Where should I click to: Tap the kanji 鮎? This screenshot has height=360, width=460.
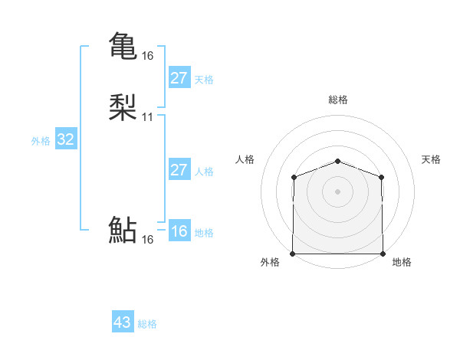[x=123, y=231]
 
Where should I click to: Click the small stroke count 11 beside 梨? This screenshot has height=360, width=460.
[x=147, y=117]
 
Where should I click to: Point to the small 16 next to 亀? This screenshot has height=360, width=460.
[x=147, y=56]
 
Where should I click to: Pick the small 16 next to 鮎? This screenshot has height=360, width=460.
[x=147, y=240]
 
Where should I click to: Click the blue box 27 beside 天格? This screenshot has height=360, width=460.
[x=179, y=78]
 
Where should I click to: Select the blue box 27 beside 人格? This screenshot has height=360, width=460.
[x=179, y=170]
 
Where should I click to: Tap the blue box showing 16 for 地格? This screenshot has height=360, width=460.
[x=179, y=231]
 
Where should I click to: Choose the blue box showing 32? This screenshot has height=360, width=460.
[x=66, y=139]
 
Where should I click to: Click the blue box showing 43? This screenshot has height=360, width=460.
[x=123, y=322]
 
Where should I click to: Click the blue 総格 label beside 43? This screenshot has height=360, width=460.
[x=147, y=324]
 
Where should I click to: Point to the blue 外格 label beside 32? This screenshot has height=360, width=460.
[x=41, y=141]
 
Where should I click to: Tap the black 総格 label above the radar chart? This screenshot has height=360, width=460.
[x=338, y=100]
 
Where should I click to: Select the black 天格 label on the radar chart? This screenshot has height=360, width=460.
[x=431, y=159]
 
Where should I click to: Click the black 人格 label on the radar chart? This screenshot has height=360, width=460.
[x=245, y=159]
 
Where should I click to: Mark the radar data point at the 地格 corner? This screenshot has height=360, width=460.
[x=383, y=254]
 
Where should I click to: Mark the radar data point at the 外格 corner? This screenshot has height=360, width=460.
[x=293, y=254]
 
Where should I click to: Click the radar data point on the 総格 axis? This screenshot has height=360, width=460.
[x=338, y=161]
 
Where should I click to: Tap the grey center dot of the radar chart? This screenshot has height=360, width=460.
[x=338, y=191]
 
